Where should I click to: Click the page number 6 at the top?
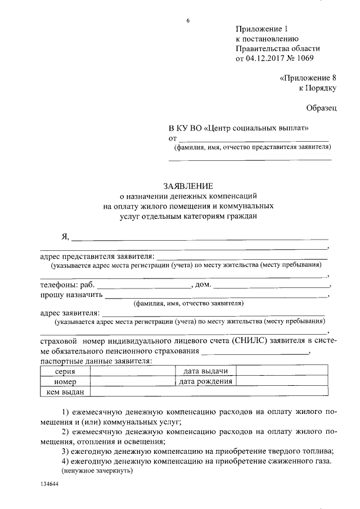coord(188,21)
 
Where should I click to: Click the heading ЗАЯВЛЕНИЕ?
coord(188,186)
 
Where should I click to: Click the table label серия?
coord(65,371)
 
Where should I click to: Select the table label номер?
coord(65,381)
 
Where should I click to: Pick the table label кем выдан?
coord(65,391)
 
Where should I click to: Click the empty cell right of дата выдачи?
coord(281,371)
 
